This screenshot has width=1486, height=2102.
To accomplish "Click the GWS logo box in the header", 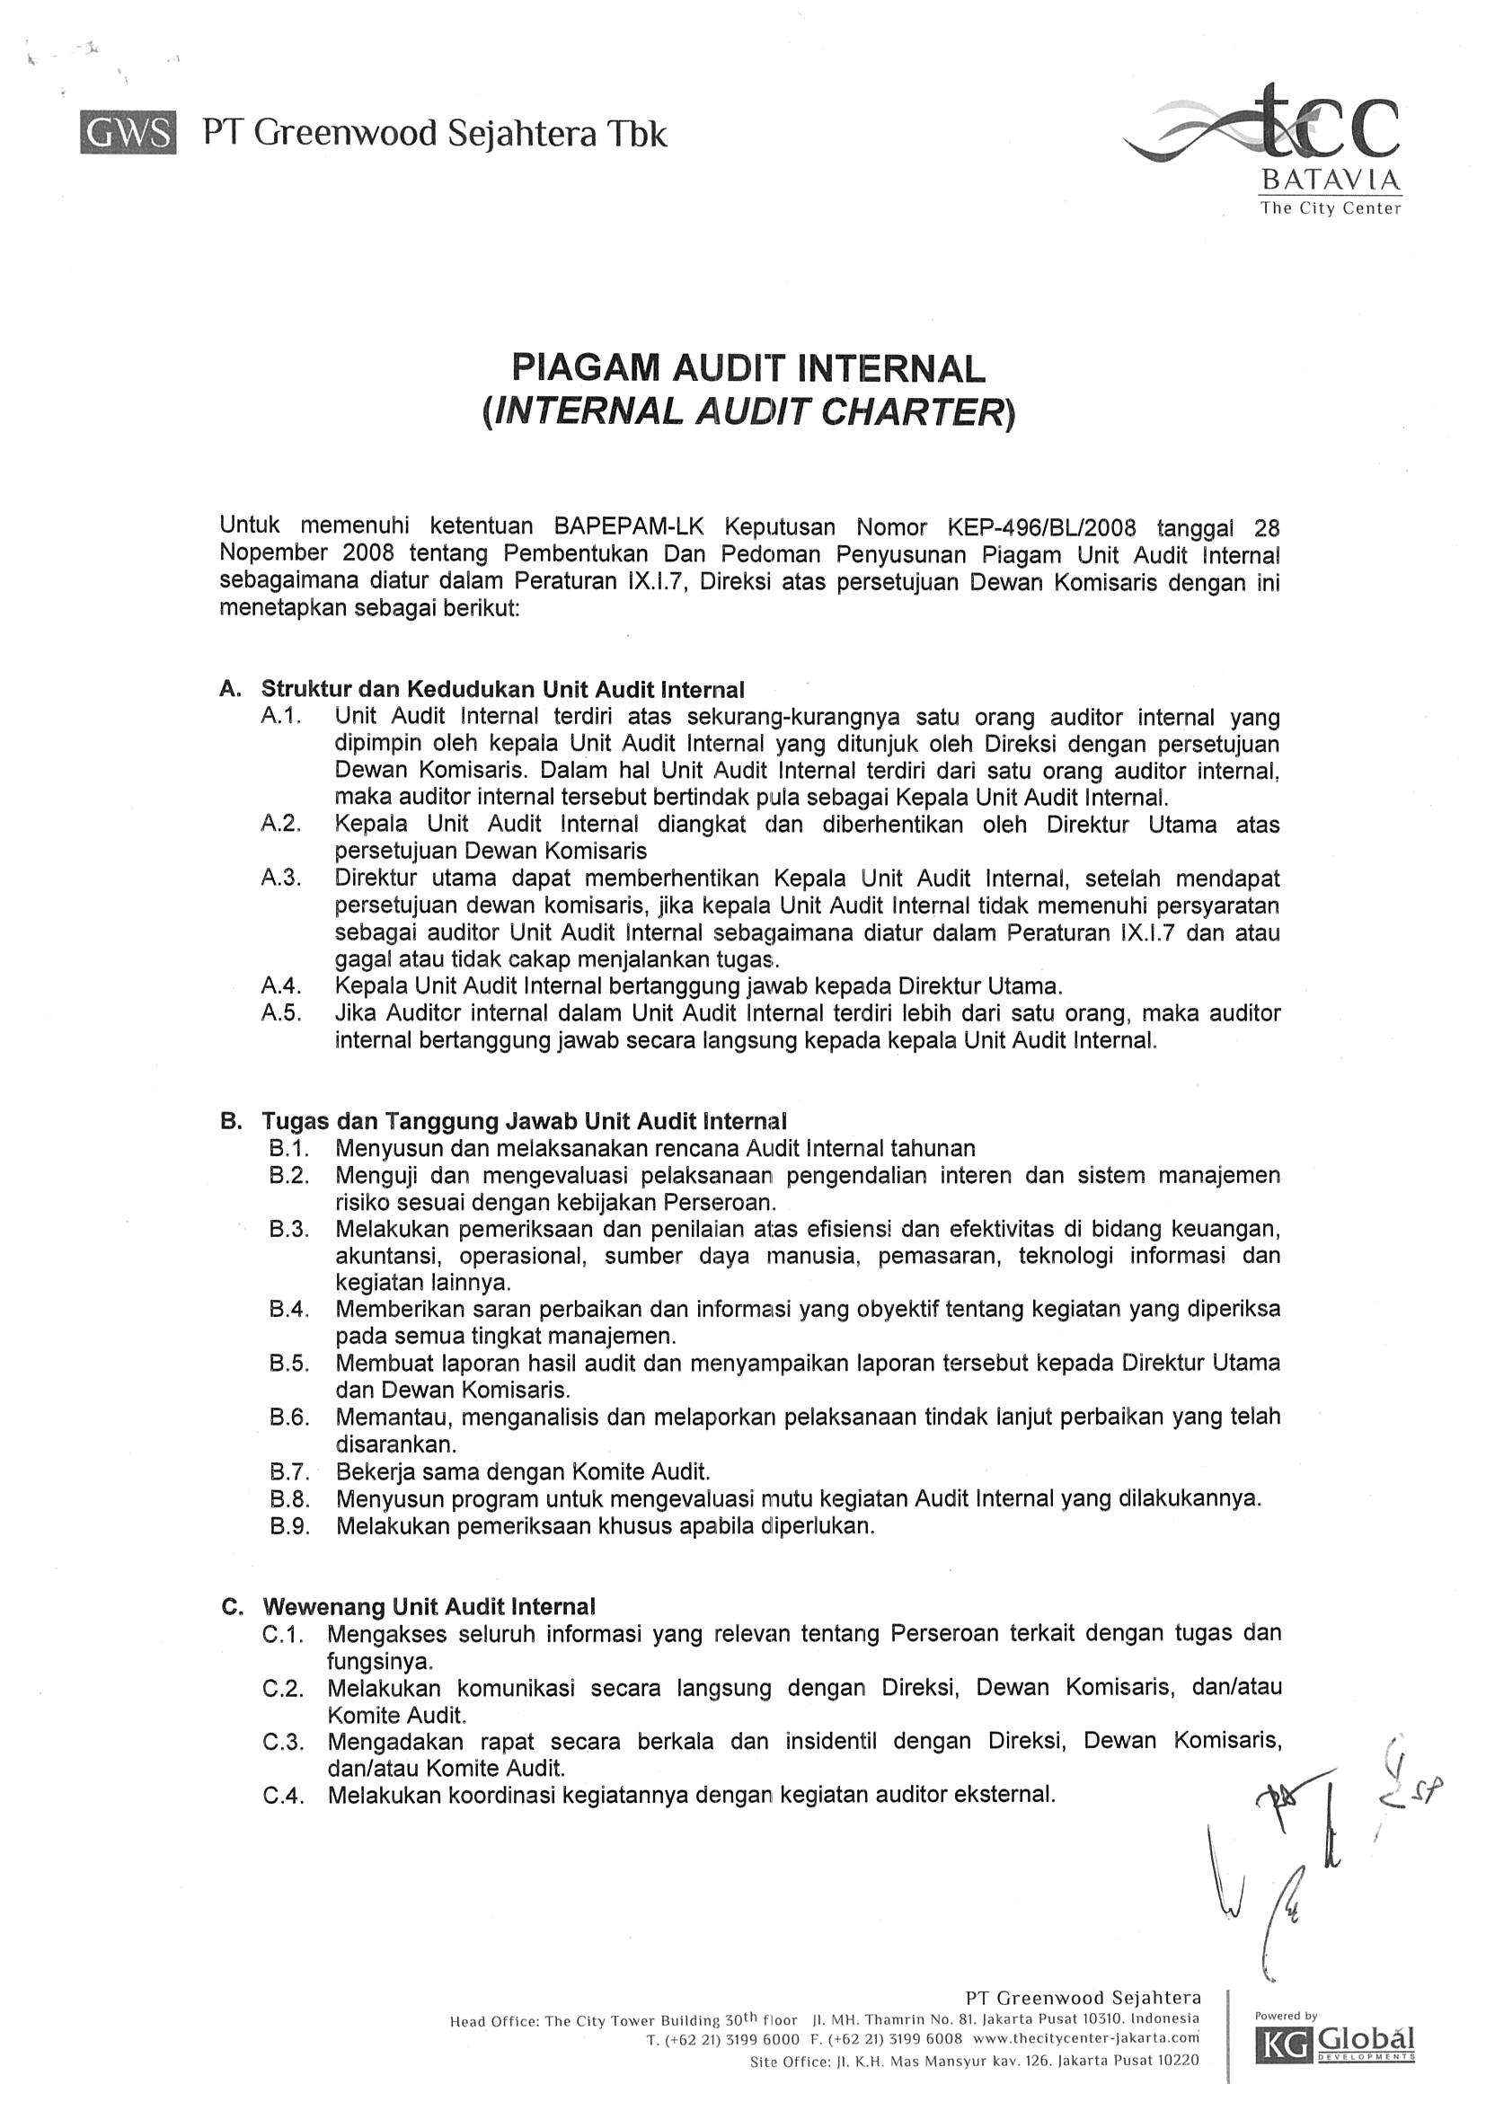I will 128,134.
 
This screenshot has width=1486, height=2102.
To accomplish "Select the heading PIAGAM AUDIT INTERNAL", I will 748,368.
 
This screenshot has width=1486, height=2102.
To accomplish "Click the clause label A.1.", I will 281,716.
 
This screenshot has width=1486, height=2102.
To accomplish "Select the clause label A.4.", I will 281,986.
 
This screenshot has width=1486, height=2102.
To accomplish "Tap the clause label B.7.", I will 289,1472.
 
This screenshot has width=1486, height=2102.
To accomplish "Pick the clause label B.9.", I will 289,1526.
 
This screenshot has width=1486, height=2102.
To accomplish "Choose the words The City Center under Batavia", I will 1331,208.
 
